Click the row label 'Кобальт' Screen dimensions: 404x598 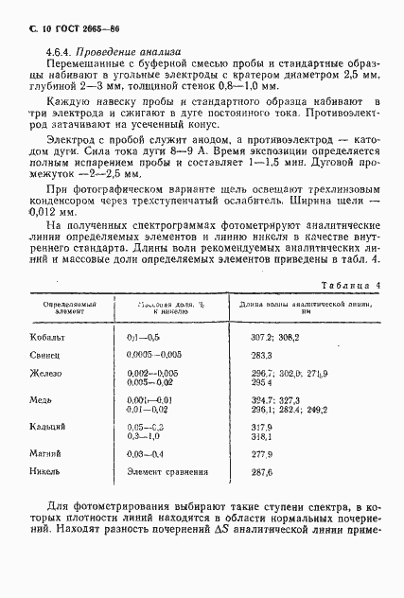(52, 337)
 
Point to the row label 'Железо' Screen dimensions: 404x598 (50, 375)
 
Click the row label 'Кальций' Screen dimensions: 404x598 (52, 429)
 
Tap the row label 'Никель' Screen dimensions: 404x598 (50, 471)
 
